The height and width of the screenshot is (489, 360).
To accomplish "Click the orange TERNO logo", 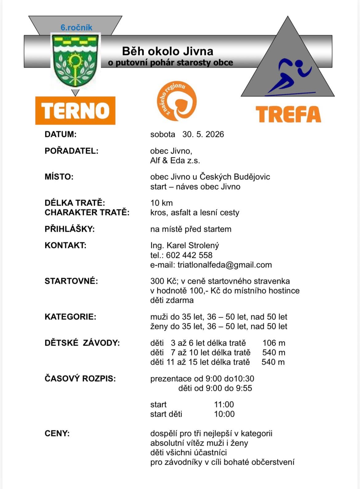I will [x=75, y=110].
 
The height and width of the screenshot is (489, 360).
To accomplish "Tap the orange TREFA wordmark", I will [x=288, y=114].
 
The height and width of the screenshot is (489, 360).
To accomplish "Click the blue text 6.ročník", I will [x=76, y=27].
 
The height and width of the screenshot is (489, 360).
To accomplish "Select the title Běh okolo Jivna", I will [x=168, y=51].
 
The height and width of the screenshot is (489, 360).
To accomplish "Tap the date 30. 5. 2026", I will [x=203, y=134].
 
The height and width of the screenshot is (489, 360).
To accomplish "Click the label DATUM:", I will [x=60, y=134].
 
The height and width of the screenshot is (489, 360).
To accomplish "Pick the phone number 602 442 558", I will [x=189, y=255].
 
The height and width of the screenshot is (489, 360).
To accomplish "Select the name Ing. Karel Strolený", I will [x=184, y=245].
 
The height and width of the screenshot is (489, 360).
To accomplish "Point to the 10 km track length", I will [x=161, y=203].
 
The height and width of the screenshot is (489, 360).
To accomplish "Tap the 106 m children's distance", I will [x=274, y=343].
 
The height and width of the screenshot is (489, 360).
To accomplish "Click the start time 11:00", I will [x=224, y=404].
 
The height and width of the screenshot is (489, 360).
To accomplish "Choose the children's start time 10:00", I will [x=224, y=414].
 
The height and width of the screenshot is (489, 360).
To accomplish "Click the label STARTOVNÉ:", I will [x=71, y=281].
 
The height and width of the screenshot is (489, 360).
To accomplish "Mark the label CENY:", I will [x=57, y=433].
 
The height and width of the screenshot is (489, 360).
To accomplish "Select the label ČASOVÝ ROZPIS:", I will [x=80, y=379].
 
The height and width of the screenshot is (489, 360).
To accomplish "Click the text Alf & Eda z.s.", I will [x=175, y=160].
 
